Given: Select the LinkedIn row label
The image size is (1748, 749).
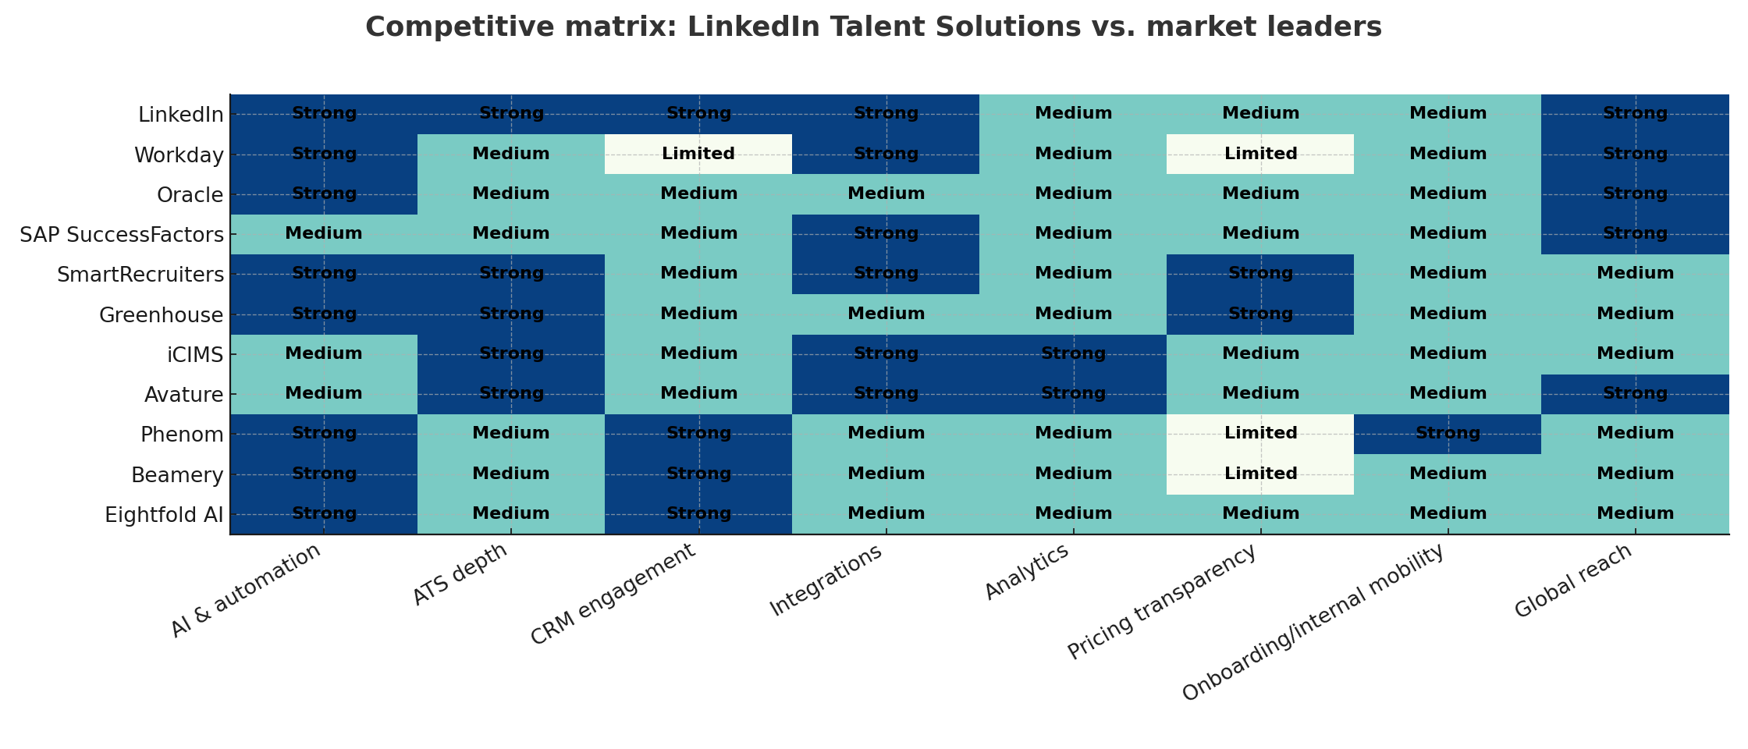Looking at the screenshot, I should (x=180, y=115).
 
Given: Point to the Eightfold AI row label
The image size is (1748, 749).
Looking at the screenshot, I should (x=164, y=515).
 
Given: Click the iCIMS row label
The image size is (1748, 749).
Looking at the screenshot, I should (x=196, y=355).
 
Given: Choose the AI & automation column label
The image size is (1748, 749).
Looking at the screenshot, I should (x=246, y=590).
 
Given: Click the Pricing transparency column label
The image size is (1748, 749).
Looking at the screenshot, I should (x=1163, y=602).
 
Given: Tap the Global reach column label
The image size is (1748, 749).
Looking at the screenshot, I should (x=1573, y=581).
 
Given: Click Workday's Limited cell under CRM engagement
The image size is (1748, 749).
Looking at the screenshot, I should (x=698, y=154).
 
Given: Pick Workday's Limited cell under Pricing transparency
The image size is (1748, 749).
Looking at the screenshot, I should (x=1260, y=154).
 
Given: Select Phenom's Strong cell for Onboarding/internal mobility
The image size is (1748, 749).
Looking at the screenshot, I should (x=1448, y=434).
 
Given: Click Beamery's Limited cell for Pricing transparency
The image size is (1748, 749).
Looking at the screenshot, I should (x=1260, y=474).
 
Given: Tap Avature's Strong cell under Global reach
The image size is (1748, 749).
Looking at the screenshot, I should (x=1635, y=394).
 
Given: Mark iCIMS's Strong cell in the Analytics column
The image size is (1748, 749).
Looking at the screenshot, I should (x=1073, y=353).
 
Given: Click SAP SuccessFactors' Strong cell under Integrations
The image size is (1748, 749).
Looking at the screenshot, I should (x=886, y=233).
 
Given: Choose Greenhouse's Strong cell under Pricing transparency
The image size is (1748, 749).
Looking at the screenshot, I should (x=1260, y=314).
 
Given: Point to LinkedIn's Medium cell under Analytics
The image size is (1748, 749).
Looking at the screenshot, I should (x=1073, y=114).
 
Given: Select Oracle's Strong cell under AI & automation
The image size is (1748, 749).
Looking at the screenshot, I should (x=324, y=193).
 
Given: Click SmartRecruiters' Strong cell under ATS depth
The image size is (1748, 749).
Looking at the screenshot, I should (x=511, y=274).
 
